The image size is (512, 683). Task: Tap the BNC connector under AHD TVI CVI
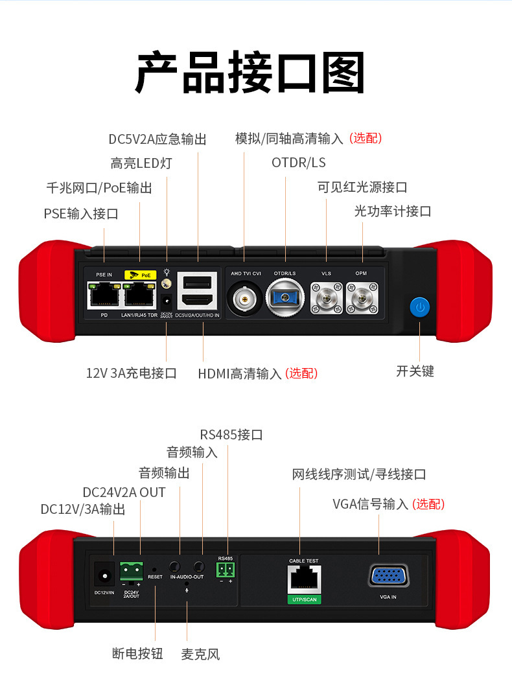click(244, 298)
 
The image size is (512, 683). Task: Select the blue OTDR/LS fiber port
click(285, 298)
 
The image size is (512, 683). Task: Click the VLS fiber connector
click(325, 297)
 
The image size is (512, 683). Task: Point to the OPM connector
click(361, 297)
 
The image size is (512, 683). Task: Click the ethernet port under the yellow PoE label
click(139, 295)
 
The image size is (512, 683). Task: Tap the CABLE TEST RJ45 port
click(303, 577)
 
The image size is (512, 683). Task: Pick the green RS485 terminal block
click(226, 569)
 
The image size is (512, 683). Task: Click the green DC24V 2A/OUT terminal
click(131, 572)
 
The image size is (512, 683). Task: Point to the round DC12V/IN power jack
click(102, 574)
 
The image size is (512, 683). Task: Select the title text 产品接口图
click(250, 73)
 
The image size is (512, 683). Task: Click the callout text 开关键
click(415, 371)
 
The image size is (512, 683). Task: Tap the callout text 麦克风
click(200, 654)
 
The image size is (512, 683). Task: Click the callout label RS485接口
click(231, 434)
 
